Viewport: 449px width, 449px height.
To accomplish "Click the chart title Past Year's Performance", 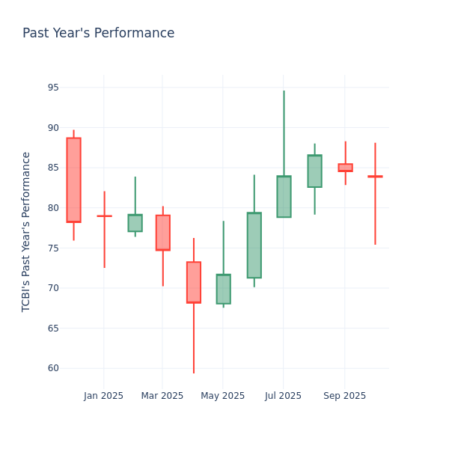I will coord(98,34).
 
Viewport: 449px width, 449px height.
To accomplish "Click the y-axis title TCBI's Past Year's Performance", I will coord(26,231).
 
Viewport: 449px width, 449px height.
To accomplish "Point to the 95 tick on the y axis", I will coord(52,88).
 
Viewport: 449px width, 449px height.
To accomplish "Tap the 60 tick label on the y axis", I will coord(52,368).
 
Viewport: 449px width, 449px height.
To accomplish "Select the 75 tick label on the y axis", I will coord(52,248).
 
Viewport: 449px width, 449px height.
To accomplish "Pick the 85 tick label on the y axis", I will coord(52,168).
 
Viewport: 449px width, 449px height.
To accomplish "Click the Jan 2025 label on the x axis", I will coord(103,396).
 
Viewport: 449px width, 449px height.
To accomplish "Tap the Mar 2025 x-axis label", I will coord(162,396).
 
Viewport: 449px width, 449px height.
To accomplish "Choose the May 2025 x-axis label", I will coord(223,396).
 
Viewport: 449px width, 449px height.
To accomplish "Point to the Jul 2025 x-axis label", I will coord(284,396).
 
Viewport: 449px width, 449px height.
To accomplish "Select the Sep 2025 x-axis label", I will coord(345,396).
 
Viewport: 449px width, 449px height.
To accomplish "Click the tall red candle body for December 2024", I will coord(73,180).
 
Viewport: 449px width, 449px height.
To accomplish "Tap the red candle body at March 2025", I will coord(162,233).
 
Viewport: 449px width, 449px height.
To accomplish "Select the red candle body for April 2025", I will coord(194,282).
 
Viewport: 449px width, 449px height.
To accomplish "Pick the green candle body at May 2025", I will coord(223,289).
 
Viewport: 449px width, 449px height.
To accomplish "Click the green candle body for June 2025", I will coord(254,245).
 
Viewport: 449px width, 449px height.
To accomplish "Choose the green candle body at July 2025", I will coord(284,197).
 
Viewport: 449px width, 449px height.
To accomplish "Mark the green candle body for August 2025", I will coord(314,171).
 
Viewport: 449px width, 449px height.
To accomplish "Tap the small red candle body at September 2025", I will coord(345,168).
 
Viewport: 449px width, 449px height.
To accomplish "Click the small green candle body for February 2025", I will coord(135,223).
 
